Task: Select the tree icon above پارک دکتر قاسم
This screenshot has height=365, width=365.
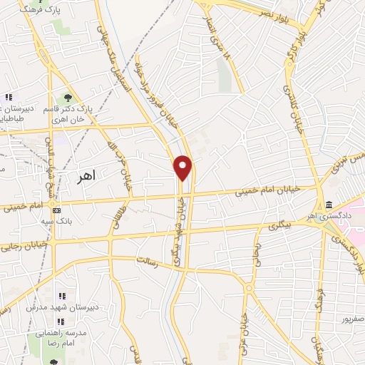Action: point(68,98)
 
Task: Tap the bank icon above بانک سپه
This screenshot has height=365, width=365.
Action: point(56,210)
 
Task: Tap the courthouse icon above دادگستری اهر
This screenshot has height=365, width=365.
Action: point(327,205)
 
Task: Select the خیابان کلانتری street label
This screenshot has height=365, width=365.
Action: point(292,106)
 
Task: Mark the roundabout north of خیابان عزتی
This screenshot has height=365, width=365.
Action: point(248,289)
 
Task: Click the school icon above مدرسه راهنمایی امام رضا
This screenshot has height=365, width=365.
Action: point(61,321)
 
